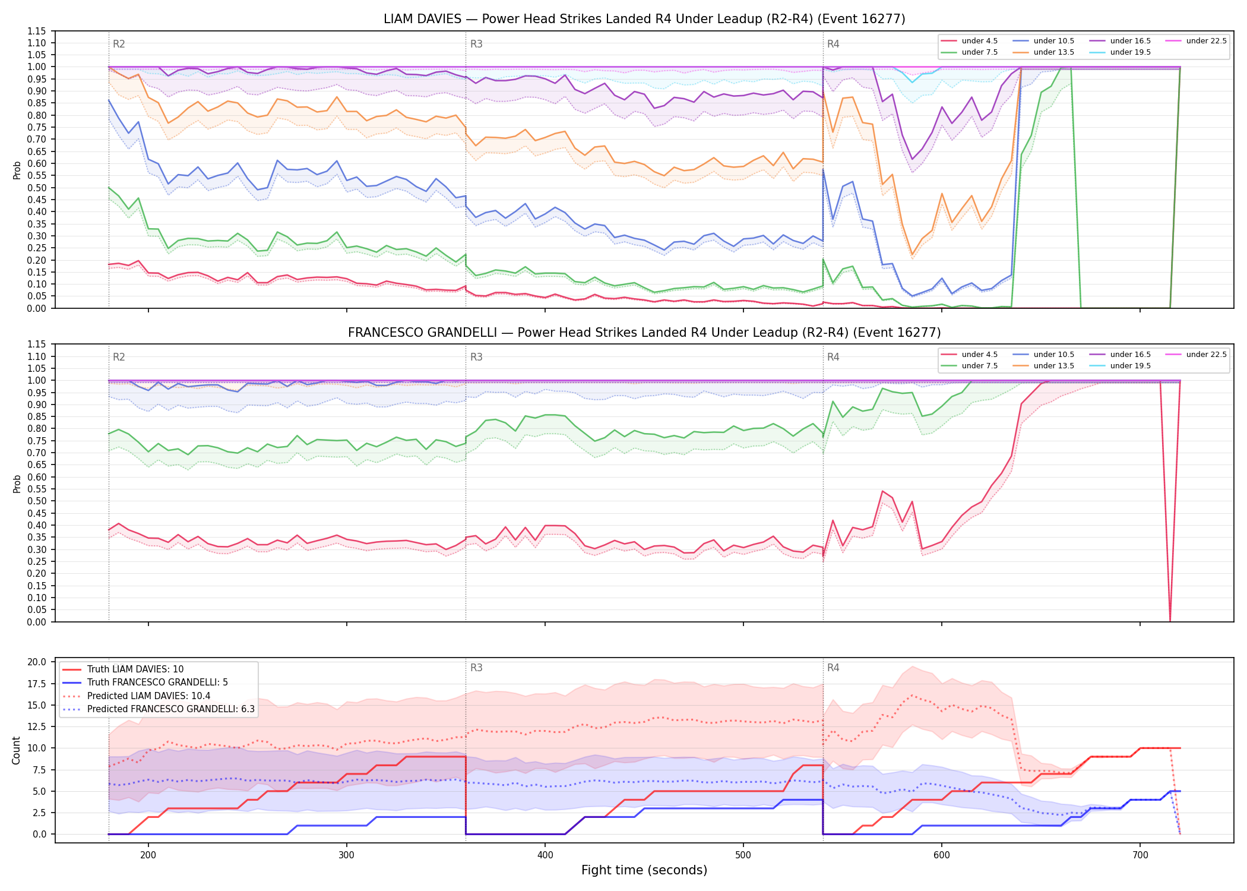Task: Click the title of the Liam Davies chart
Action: pyautogui.click(x=644, y=19)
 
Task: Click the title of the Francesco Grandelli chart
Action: pyautogui.click(x=644, y=333)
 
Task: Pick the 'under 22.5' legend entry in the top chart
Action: pyautogui.click(x=1196, y=41)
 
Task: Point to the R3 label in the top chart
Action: pyautogui.click(x=476, y=44)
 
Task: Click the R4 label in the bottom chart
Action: pyautogui.click(x=833, y=668)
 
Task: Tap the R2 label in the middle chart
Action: pyautogui.click(x=119, y=357)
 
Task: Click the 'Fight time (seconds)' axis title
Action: pyautogui.click(x=644, y=870)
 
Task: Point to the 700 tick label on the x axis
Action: pyautogui.click(x=1140, y=855)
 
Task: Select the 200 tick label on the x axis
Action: pyautogui.click(x=148, y=855)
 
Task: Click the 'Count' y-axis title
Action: pyautogui.click(x=17, y=750)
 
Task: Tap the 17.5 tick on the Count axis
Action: pyautogui.click(x=37, y=684)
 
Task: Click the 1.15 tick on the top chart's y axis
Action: pyautogui.click(x=36, y=31)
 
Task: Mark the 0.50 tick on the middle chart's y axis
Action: pyautogui.click(x=36, y=501)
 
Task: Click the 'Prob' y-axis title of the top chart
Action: pyautogui.click(x=17, y=170)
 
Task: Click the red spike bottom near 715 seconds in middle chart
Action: pyautogui.click(x=1170, y=621)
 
